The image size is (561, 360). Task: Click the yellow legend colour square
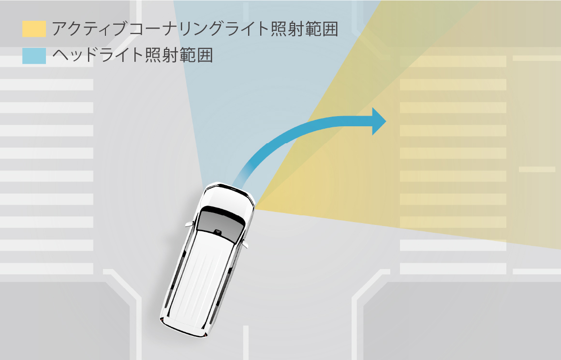(34, 29)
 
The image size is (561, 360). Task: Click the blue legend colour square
(34, 56)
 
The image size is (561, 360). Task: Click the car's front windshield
(220, 224)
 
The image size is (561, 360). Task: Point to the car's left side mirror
(189, 224)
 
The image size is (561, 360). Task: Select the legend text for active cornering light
(195, 29)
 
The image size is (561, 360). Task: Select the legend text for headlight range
(133, 56)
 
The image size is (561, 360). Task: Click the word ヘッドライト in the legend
(98, 56)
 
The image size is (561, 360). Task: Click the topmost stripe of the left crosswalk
(46, 61)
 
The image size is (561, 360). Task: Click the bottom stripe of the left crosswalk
(46, 269)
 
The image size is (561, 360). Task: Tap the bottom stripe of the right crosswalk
(453, 269)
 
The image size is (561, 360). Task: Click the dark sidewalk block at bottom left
(64, 321)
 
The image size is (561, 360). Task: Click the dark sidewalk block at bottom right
(461, 321)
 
